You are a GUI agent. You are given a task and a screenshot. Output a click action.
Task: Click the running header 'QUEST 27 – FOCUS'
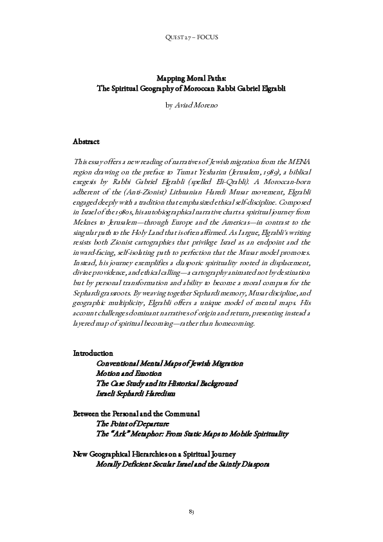tap(191, 37)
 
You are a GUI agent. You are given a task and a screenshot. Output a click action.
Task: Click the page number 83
tap(191, 511)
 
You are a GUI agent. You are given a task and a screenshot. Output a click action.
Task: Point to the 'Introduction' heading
tap(93, 353)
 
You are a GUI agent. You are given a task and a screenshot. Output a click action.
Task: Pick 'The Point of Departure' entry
tap(132, 424)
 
